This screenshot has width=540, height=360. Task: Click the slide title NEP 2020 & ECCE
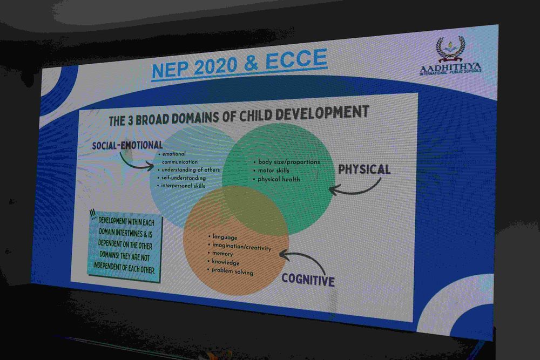(x=239, y=64)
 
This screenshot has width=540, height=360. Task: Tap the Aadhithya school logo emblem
(x=451, y=49)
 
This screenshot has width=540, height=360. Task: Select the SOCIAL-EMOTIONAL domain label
(x=127, y=145)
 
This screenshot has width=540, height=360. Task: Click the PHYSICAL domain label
(x=364, y=169)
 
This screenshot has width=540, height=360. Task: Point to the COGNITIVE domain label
(x=308, y=280)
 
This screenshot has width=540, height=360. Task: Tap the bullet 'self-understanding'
(x=184, y=178)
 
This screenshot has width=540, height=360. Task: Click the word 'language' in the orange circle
(x=225, y=237)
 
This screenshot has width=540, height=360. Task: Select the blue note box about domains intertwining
(x=125, y=246)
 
